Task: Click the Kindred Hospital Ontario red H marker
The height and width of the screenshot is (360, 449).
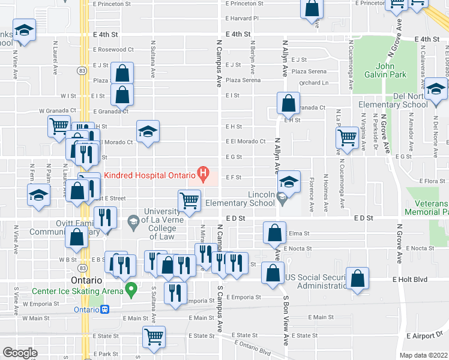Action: [203, 175]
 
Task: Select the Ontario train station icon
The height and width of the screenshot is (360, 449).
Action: [105, 310]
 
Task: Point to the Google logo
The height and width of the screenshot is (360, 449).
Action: [20, 352]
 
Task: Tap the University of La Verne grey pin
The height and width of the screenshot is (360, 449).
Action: [133, 223]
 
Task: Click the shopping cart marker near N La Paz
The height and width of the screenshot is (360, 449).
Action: [348, 137]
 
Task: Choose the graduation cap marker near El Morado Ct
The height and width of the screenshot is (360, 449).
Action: [148, 131]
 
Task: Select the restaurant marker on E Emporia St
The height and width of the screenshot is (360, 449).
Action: [175, 292]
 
